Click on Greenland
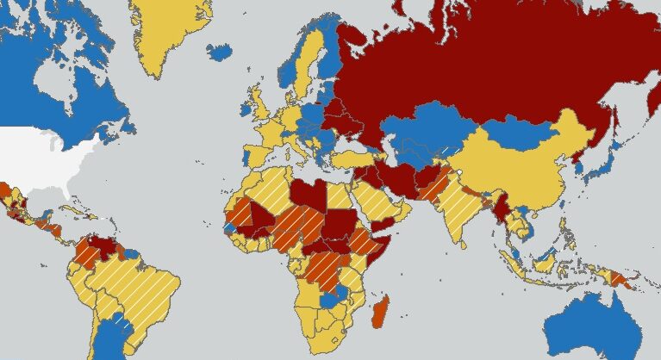point(168,34)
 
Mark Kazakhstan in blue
point(422,129)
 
